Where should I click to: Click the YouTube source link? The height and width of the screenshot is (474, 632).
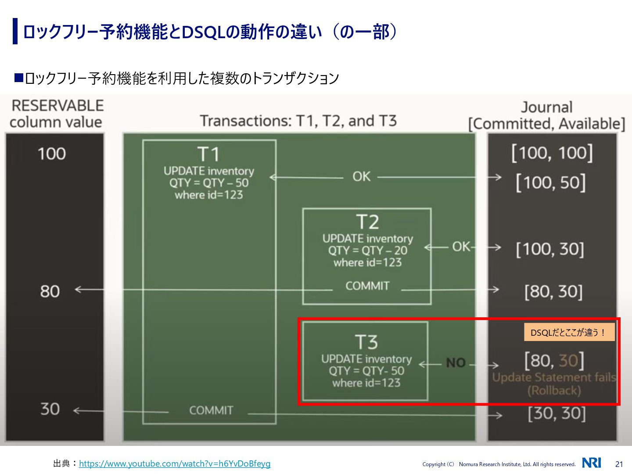pos(175,463)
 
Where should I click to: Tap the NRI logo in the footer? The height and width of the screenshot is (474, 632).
pos(591,463)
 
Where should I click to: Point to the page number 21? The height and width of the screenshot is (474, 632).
pos(619,464)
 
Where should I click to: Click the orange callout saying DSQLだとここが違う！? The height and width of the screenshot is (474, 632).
pos(569,332)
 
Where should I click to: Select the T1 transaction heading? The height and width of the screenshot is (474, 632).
pos(208,154)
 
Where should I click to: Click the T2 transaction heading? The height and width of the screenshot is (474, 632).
pos(367,222)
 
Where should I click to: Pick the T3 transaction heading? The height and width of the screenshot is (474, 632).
pos(366,342)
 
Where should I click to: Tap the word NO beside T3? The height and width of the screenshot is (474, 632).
pos(456,363)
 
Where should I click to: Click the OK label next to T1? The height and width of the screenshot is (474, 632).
pos(361,176)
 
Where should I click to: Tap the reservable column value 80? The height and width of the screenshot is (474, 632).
pos(50,291)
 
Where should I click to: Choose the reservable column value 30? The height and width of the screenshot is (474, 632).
pos(50,409)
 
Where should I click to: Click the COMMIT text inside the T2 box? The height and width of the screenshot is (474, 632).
pos(367,286)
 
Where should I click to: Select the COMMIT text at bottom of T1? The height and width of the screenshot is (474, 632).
pos(211,410)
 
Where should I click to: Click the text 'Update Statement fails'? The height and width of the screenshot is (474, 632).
pos(554,377)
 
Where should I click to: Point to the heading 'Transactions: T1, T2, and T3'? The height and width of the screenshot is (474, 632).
pos(298,121)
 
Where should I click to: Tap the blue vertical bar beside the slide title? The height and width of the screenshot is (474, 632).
pos(15,31)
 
